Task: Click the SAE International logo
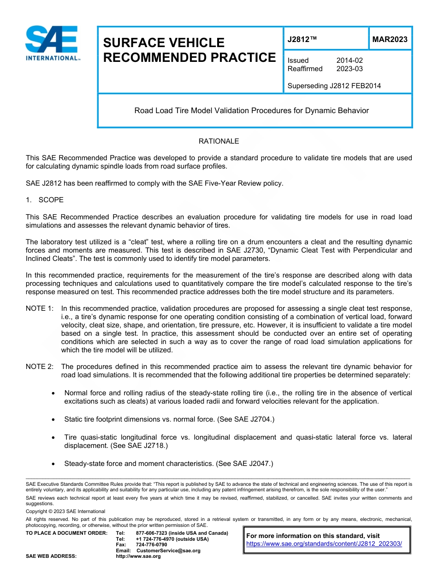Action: [52, 43]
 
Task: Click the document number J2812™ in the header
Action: [302, 39]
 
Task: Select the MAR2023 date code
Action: [390, 39]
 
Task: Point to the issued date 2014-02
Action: [349, 60]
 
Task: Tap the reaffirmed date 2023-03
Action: [349, 69]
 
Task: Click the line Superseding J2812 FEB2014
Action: [334, 86]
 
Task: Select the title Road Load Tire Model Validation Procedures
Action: [251, 111]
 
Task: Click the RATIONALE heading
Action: [219, 141]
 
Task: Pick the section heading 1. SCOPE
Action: [45, 200]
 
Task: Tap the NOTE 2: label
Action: [40, 367]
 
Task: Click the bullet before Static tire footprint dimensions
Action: [54, 419]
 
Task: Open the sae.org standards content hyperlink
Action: [324, 544]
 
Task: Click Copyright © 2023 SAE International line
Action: [65, 512]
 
